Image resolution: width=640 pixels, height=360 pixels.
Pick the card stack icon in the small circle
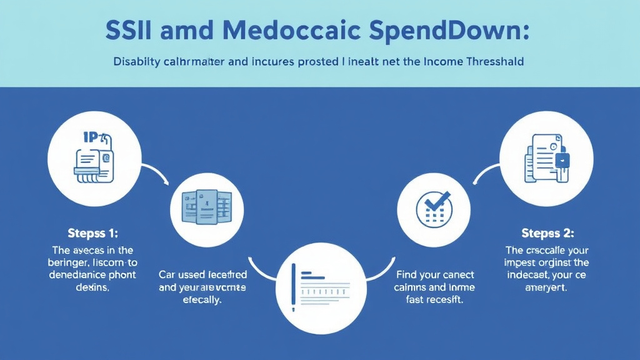[206, 206]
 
